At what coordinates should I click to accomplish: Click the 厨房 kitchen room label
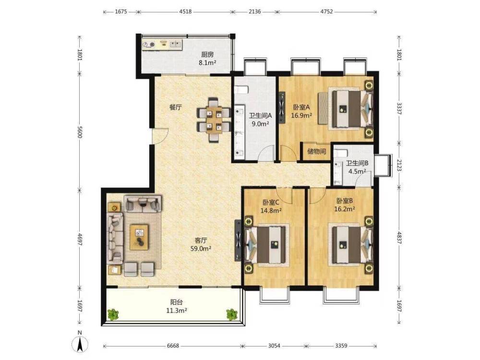[x=207, y=55]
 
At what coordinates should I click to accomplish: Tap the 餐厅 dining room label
[x=176, y=108]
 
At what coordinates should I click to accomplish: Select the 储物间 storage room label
[x=316, y=151]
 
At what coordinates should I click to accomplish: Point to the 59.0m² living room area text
[x=201, y=249]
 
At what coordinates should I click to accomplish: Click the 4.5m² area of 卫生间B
[x=357, y=171]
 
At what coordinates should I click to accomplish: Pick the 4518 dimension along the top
[x=185, y=12]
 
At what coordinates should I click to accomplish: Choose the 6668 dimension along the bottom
[x=173, y=346]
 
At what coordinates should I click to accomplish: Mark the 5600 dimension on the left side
[x=80, y=132]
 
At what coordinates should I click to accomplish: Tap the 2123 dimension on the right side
[x=399, y=165]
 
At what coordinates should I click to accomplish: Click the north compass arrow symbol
[x=80, y=344]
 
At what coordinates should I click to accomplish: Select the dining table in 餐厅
[x=214, y=120]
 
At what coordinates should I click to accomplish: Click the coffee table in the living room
[x=139, y=237]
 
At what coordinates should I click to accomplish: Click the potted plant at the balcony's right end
[x=232, y=314]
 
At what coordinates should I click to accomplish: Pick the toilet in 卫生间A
[x=241, y=90]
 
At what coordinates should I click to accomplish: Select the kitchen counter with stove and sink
[x=162, y=45]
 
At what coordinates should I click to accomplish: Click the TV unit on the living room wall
[x=238, y=240]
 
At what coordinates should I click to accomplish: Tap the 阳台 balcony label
[x=177, y=302]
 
